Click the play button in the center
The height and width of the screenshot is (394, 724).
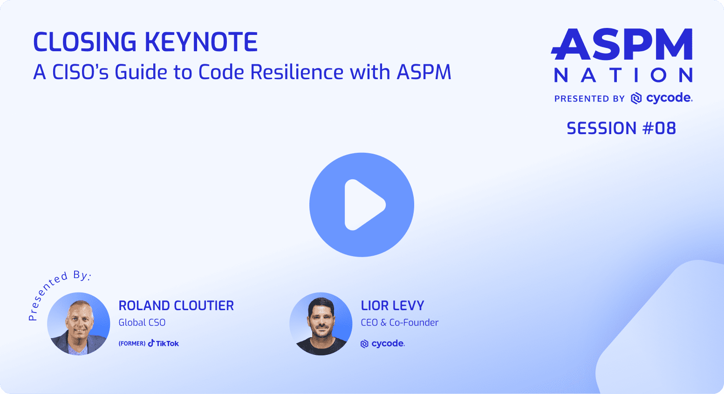coord(362,204)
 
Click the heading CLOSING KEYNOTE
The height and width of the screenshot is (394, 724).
coord(145,42)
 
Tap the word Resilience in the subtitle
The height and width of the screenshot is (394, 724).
coord(297,72)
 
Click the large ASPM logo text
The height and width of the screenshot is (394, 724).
coord(622,44)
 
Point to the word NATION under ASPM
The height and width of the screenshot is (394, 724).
coord(623,75)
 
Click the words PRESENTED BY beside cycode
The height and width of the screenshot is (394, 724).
coord(589,99)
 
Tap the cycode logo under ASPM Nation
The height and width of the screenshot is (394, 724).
coord(662,98)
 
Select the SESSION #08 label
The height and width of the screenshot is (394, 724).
coord(621,129)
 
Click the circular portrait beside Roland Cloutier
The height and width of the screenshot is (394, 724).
coord(79,324)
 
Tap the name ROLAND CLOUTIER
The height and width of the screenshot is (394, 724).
coord(176,306)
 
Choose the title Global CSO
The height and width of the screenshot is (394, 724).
coord(142,323)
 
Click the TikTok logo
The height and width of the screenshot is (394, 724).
coord(163,343)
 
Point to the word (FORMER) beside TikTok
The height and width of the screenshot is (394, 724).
coord(132,344)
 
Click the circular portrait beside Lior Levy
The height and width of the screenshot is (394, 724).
coord(321,324)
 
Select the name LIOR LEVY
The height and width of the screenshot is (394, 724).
coord(392,306)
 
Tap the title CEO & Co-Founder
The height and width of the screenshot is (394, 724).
coord(399,323)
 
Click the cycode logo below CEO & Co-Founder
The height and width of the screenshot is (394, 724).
coord(382,344)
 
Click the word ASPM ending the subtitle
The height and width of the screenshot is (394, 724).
coord(424,72)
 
